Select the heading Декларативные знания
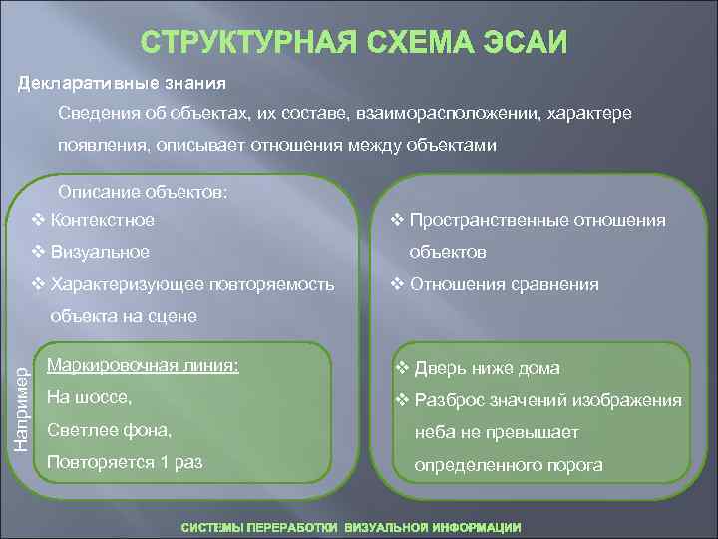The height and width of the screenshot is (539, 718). pyautogui.click(x=123, y=81)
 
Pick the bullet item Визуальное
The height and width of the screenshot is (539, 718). pyautogui.click(x=100, y=252)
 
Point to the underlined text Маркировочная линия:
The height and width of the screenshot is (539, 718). pyautogui.click(x=143, y=364)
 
